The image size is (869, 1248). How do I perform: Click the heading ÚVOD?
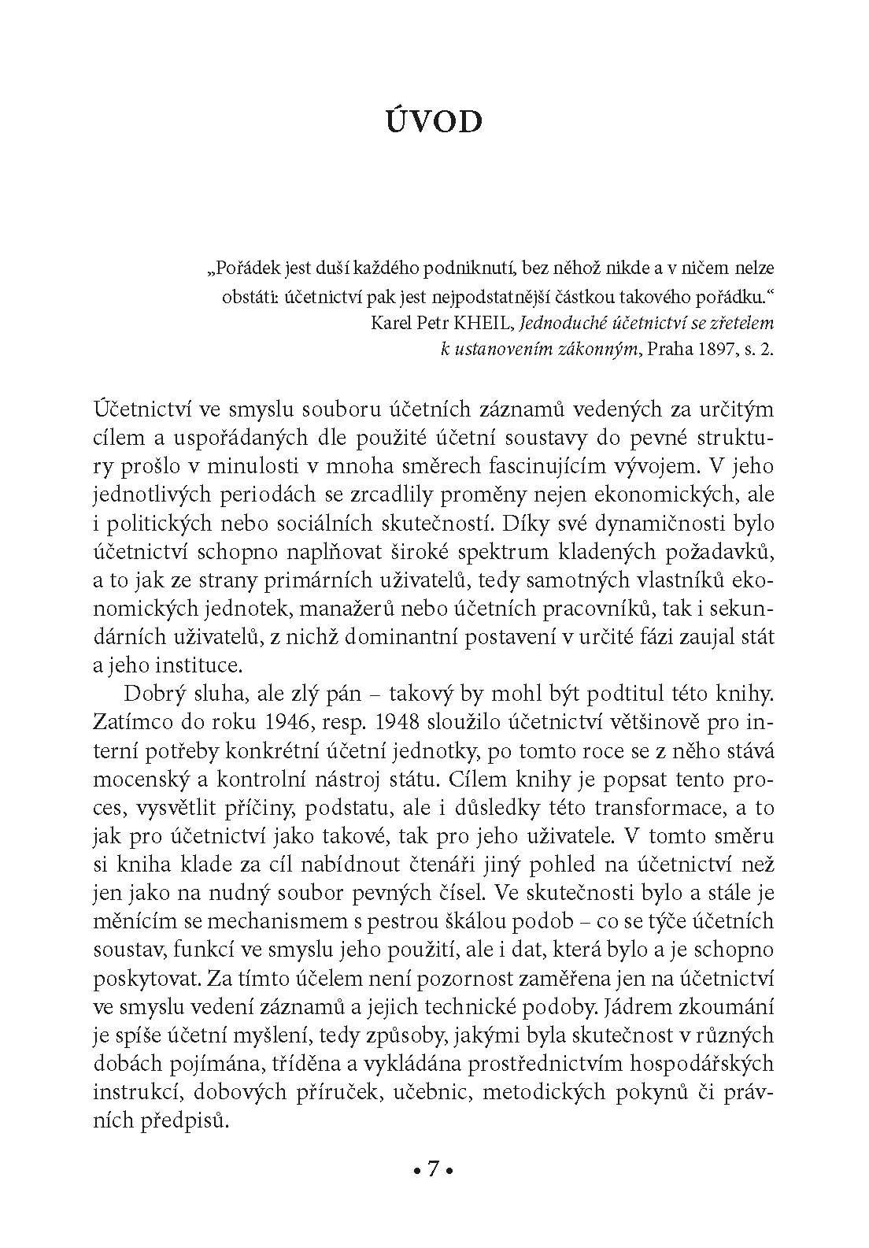(x=434, y=124)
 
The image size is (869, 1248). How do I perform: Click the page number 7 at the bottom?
(x=433, y=1170)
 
